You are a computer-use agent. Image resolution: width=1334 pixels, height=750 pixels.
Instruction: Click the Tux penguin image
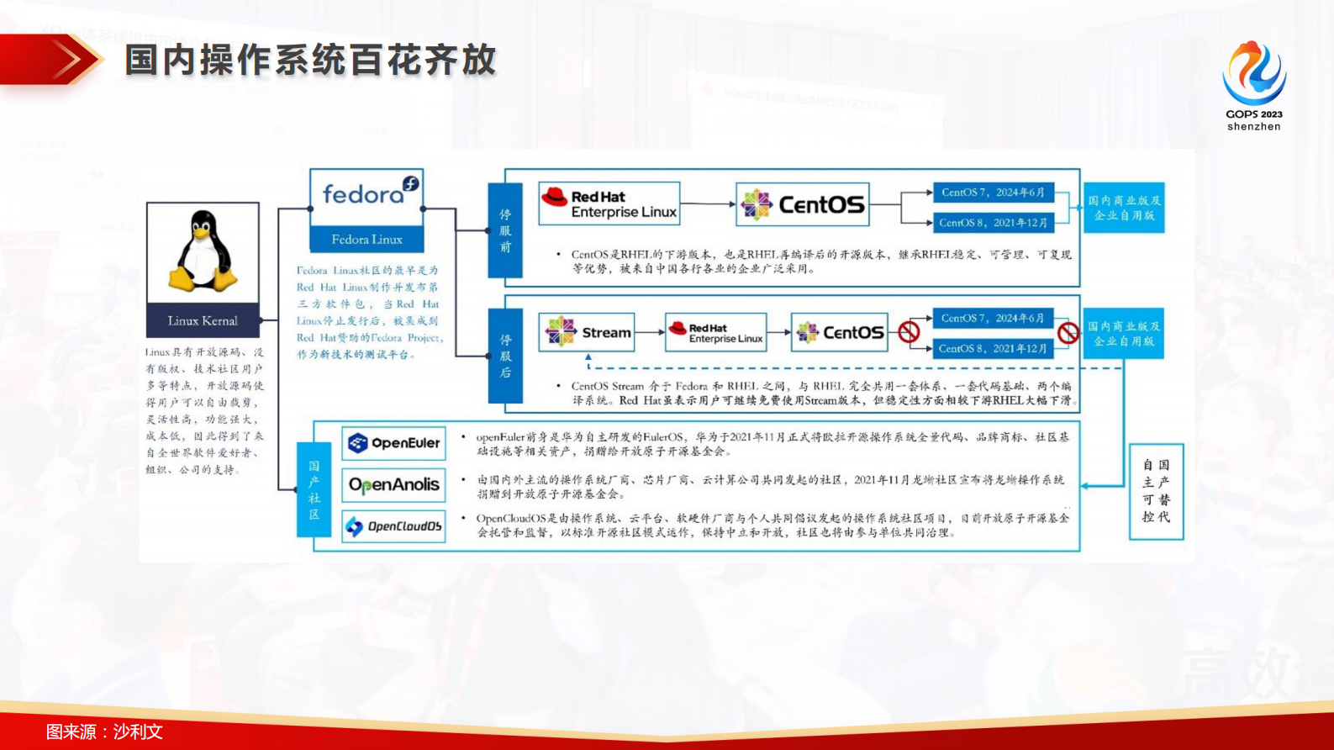tap(203, 251)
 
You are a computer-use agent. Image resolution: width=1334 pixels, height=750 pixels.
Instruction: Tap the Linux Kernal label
tap(203, 320)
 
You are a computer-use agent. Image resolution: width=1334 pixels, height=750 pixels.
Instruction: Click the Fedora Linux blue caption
tap(366, 240)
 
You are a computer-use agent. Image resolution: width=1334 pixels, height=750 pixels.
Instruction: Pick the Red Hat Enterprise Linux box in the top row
tap(609, 203)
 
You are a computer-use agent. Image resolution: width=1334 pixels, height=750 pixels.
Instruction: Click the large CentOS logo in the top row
tap(803, 204)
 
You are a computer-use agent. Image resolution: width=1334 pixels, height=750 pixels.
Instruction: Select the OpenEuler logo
tap(394, 443)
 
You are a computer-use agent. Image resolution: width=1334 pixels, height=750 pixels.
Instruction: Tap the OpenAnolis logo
tap(394, 485)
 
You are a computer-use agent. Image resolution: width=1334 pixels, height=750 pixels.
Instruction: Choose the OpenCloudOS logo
tap(394, 526)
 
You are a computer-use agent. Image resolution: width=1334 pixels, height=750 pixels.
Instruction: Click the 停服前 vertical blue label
tap(505, 230)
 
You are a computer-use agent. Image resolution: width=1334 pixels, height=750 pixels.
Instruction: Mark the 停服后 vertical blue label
tap(505, 356)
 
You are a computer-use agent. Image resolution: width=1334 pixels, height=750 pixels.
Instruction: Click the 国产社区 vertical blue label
tap(314, 489)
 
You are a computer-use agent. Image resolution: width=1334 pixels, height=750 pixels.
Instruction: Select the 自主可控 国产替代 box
tap(1156, 491)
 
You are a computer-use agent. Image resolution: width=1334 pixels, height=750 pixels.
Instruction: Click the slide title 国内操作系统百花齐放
tap(311, 61)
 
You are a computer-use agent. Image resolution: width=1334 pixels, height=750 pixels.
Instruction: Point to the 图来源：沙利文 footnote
tap(104, 732)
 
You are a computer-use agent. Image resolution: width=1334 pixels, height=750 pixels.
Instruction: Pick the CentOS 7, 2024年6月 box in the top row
tap(993, 193)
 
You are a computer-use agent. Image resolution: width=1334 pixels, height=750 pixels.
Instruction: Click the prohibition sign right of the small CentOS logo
tap(909, 332)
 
